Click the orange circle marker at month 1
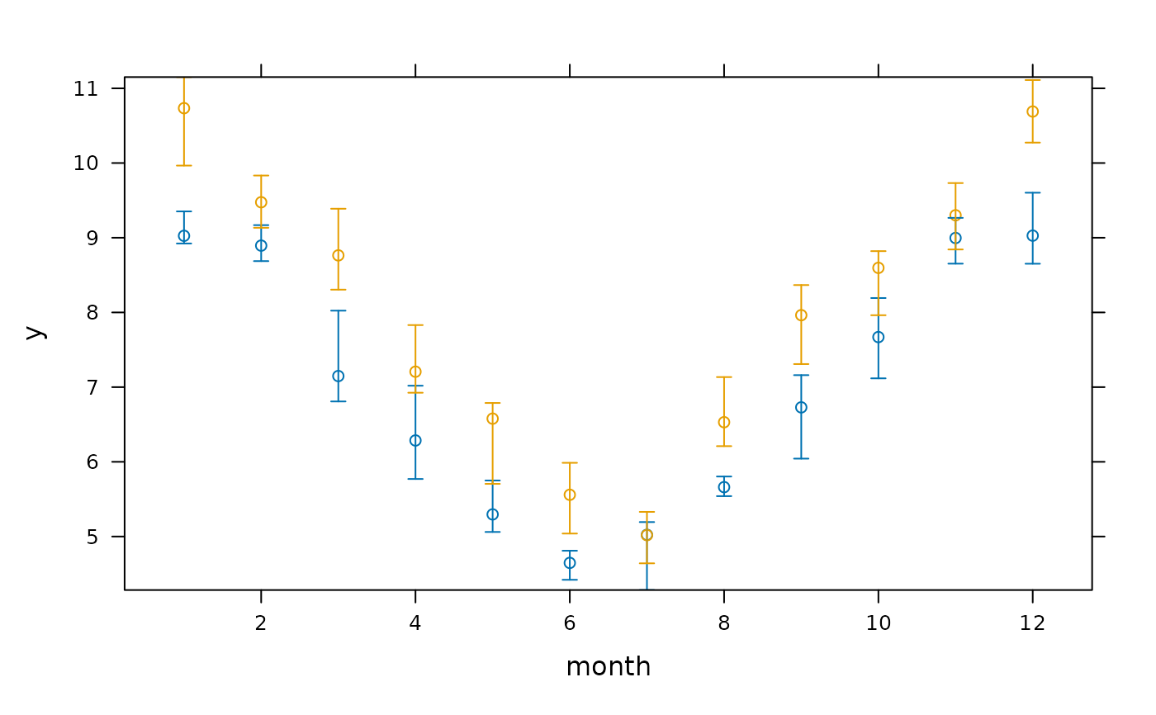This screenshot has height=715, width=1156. click(183, 102)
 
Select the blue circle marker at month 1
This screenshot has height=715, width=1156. click(183, 230)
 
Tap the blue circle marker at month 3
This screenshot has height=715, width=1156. click(338, 371)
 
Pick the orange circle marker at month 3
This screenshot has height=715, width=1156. click(338, 249)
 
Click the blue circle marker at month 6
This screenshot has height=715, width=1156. click(570, 557)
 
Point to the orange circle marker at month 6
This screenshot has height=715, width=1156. click(570, 489)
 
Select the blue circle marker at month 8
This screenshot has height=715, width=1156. click(724, 481)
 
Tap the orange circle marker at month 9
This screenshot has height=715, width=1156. click(801, 310)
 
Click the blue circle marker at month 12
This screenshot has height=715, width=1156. click(1033, 230)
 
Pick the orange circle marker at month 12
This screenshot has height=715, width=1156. click(1033, 106)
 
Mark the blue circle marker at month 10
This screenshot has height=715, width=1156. click(879, 331)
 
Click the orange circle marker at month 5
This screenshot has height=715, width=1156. click(493, 413)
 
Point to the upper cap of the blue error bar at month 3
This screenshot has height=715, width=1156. click(338, 310)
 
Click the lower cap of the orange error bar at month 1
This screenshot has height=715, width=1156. click(183, 166)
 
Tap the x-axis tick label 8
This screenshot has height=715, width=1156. click(724, 623)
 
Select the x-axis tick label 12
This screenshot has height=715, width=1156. click(1033, 623)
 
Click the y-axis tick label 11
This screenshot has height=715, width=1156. click(86, 89)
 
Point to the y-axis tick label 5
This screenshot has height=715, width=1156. click(92, 537)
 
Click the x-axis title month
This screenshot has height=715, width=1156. click(609, 666)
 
